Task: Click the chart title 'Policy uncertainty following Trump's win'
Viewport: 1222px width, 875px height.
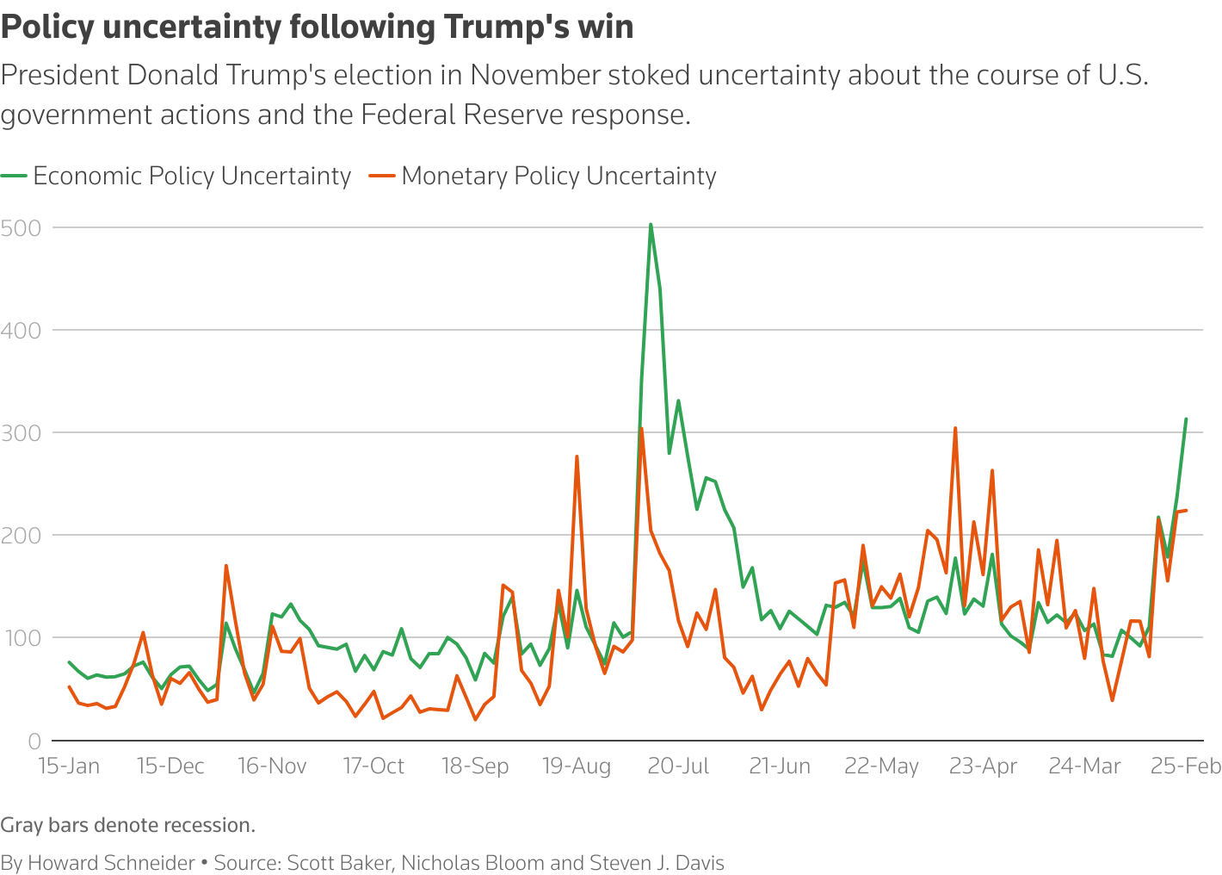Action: tap(317, 28)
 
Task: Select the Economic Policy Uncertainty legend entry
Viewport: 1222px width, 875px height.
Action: tap(191, 176)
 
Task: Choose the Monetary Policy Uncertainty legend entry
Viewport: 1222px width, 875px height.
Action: tap(558, 176)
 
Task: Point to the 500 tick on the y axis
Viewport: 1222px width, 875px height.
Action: tap(22, 228)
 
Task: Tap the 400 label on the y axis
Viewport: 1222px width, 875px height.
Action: tap(22, 331)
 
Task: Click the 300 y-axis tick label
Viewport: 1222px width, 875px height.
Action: tap(22, 433)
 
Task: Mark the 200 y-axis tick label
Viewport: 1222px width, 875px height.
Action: tap(22, 536)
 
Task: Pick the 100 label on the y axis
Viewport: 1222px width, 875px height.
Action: tap(22, 638)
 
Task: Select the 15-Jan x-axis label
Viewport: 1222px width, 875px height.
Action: tap(69, 766)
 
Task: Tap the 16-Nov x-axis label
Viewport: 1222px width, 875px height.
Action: tap(272, 766)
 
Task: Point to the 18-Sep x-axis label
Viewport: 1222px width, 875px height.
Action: tap(475, 766)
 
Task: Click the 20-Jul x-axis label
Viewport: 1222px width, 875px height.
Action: tap(678, 766)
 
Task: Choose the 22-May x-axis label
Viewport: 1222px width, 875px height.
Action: tap(881, 766)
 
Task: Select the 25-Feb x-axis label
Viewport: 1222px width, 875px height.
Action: tap(1186, 766)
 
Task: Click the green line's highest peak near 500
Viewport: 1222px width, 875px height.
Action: tap(651, 225)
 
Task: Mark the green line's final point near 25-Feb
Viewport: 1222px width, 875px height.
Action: tap(1186, 419)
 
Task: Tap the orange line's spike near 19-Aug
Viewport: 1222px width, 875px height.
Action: tap(577, 456)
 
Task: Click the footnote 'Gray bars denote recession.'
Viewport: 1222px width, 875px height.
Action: tap(128, 825)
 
